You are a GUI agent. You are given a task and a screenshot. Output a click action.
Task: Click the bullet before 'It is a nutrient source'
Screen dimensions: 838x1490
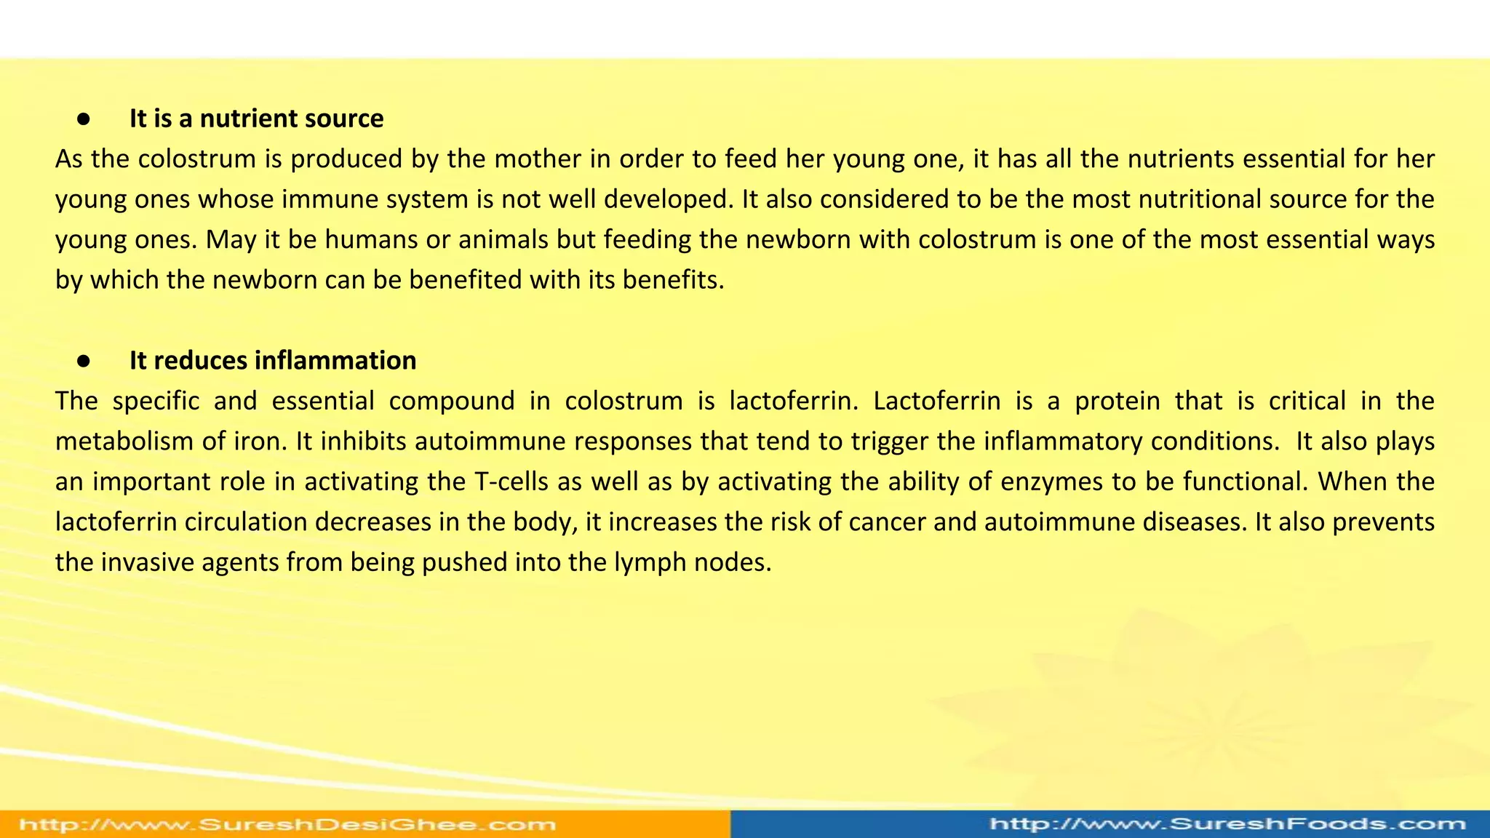(84, 119)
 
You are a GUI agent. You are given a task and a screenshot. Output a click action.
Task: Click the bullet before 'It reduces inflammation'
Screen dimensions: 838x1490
(84, 361)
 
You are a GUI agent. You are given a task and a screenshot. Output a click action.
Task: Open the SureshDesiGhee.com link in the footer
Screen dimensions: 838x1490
(287, 825)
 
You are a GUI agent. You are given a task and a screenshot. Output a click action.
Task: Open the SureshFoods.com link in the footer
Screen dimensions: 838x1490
(1228, 824)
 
